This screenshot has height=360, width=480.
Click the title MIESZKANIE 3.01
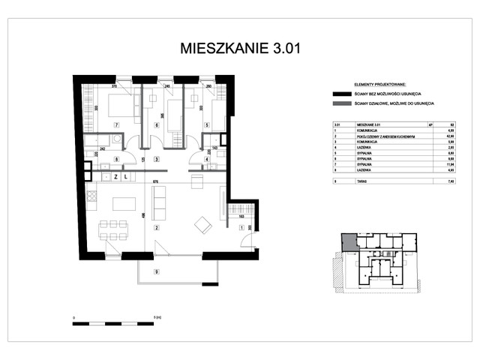pyautogui.click(x=239, y=49)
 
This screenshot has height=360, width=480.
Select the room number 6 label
pyautogui.click(x=157, y=125)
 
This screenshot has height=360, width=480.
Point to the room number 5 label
pyautogui.click(x=206, y=125)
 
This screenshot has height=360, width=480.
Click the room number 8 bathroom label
pyautogui.click(x=116, y=160)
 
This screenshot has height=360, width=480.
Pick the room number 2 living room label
pyautogui.click(x=156, y=227)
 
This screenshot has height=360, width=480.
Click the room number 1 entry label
pyautogui.click(x=241, y=227)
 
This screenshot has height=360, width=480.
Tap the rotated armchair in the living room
pyautogui.click(x=202, y=223)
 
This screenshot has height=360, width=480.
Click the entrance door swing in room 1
pyautogui.click(x=247, y=239)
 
